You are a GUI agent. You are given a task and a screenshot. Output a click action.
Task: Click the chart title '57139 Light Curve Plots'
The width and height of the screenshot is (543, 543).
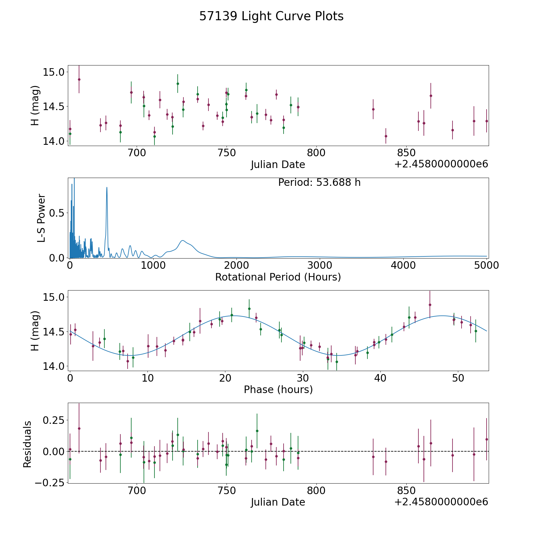[271, 16]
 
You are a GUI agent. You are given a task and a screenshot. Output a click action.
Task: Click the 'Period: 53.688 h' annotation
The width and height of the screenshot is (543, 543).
[319, 183]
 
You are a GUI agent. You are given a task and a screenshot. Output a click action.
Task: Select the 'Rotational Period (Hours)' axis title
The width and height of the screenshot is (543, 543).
[278, 277]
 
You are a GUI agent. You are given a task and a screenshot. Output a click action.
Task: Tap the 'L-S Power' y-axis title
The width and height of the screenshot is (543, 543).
[41, 218]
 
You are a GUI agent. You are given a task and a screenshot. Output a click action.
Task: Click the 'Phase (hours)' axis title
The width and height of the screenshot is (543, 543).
[278, 389]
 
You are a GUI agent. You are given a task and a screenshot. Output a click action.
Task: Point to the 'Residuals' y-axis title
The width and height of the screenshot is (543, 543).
[27, 444]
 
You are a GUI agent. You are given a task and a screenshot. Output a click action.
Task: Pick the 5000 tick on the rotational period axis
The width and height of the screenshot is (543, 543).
[486, 265]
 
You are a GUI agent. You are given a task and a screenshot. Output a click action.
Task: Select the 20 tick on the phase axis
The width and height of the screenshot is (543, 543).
[225, 378]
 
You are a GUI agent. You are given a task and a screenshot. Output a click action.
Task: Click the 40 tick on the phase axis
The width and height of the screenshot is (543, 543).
[380, 378]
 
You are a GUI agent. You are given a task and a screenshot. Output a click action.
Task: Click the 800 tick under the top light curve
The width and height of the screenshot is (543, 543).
[316, 153]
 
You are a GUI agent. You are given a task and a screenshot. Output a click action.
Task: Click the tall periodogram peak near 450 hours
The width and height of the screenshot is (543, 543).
[107, 188]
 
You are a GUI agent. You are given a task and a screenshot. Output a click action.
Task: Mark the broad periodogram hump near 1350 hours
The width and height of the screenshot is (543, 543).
[183, 240]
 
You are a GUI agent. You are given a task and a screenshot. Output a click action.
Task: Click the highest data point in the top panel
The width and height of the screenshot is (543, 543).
[79, 79]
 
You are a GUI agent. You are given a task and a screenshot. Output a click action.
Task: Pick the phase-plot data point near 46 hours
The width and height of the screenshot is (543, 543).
[430, 305]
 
